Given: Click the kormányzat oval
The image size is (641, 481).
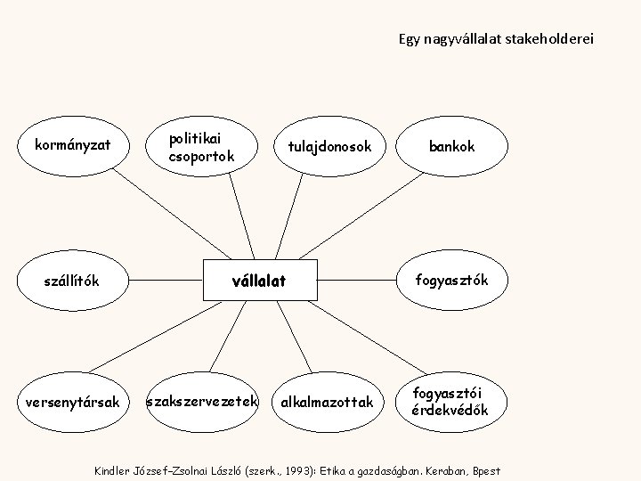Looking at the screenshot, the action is click(72, 143).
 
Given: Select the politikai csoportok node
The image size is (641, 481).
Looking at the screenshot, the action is click(202, 145).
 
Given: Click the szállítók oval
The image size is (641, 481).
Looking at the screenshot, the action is click(72, 281).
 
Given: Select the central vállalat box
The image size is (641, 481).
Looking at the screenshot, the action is click(259, 281).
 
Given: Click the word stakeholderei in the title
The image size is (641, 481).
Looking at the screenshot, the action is click(548, 39).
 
